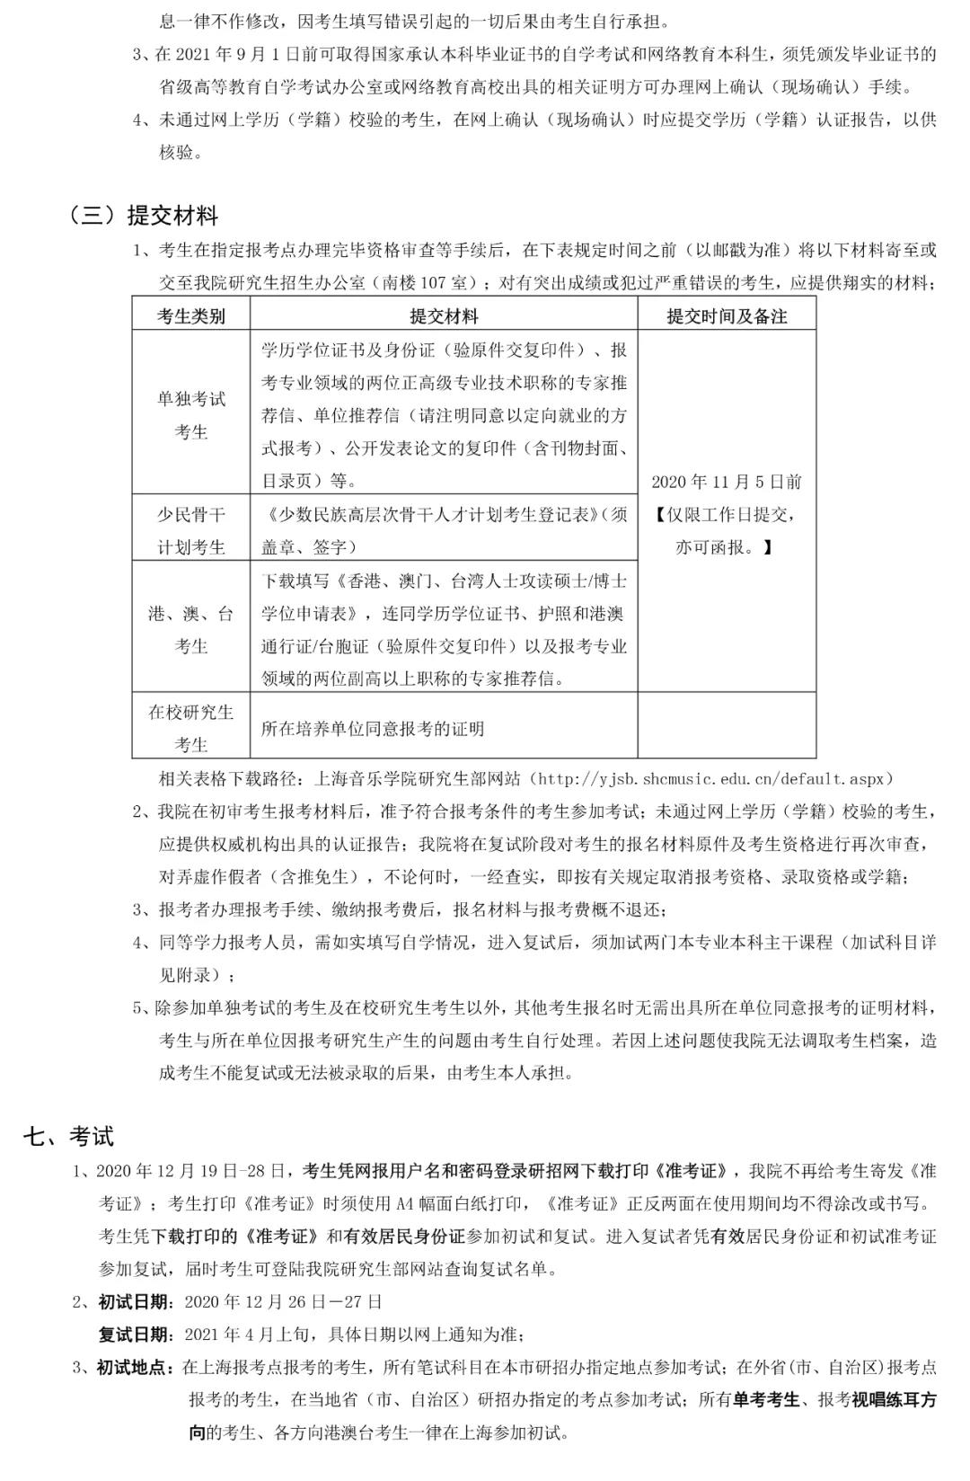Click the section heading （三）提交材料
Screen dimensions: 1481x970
[x=144, y=216]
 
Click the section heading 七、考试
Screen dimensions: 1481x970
[x=69, y=1136]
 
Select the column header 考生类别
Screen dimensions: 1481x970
[x=190, y=316]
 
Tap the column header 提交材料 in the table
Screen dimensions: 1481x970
[x=444, y=316]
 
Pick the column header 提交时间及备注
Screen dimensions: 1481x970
[x=727, y=316]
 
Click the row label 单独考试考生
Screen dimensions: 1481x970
[x=190, y=415]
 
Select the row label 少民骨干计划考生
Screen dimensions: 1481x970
[x=190, y=530]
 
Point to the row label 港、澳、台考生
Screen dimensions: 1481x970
[x=190, y=629]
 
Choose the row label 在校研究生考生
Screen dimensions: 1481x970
[x=190, y=728]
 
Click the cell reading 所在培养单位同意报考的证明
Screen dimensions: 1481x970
[x=373, y=729]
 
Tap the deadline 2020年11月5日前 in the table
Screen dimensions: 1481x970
[x=727, y=482]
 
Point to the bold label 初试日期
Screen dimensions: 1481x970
[x=132, y=1301]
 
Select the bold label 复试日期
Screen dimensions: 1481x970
[x=132, y=1335]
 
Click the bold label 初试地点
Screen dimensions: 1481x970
[x=132, y=1368]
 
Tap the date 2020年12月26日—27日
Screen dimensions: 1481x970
[x=284, y=1301]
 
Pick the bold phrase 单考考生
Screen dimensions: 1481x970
[x=766, y=1400]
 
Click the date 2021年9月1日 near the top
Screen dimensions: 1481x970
[x=241, y=54]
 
